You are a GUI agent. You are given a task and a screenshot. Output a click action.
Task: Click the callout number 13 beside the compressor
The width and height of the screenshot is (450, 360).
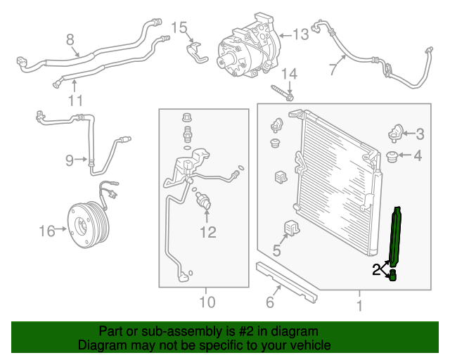(x=301, y=34)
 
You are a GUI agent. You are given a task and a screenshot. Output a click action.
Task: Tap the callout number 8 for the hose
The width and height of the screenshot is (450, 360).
(x=70, y=39)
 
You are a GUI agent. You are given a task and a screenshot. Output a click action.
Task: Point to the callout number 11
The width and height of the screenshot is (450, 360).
(x=75, y=100)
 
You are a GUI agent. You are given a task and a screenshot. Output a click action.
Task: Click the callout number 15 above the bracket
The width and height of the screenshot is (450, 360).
(x=180, y=28)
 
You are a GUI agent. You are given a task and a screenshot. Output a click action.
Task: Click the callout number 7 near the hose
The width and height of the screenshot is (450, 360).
(x=333, y=68)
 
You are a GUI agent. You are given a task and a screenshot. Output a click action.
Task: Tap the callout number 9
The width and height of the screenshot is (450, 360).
(x=70, y=161)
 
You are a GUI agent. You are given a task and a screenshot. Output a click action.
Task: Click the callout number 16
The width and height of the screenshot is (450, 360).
(x=46, y=230)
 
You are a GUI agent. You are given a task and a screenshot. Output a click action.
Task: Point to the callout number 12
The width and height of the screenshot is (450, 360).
(x=208, y=232)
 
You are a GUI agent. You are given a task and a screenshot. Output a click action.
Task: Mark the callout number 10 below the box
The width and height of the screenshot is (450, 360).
(x=205, y=304)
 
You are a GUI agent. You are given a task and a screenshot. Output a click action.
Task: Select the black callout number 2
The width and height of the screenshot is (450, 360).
(x=377, y=267)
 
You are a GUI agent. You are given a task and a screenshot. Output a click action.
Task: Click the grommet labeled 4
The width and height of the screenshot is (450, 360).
(x=394, y=155)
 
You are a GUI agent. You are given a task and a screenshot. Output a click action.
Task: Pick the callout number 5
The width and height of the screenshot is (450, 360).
(x=276, y=250)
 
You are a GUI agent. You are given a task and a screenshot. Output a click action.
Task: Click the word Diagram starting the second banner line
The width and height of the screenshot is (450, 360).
(x=101, y=345)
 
